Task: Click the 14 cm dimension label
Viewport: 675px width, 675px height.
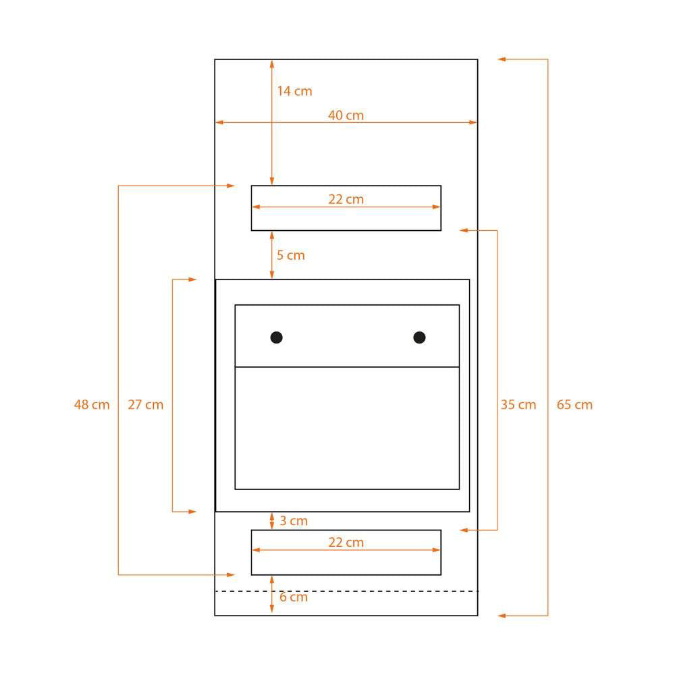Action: (x=294, y=91)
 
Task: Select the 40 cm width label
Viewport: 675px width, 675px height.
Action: (x=346, y=115)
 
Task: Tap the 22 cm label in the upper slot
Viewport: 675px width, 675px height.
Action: (x=346, y=199)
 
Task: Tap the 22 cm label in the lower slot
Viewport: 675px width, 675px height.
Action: (x=346, y=543)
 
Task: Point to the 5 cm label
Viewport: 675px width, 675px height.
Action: (x=290, y=255)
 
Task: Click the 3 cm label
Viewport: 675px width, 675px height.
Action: (x=294, y=521)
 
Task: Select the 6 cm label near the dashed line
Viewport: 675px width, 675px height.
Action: (x=294, y=597)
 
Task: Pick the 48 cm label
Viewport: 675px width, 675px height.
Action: (x=92, y=404)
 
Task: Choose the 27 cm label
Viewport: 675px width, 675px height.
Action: (x=146, y=404)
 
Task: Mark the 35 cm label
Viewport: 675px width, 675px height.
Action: (x=518, y=404)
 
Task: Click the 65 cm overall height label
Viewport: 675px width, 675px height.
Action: (x=574, y=404)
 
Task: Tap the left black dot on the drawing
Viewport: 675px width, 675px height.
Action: (x=276, y=337)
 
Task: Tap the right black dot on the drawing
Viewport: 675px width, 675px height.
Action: (x=419, y=337)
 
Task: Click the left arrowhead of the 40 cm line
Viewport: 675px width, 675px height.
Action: (x=219, y=122)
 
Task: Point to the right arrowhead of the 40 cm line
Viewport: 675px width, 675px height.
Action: (x=473, y=122)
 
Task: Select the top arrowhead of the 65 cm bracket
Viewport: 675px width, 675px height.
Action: (x=502, y=59)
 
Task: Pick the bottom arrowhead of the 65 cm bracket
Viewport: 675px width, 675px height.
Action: (x=502, y=616)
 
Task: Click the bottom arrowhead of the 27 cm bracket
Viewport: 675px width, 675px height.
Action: (x=192, y=512)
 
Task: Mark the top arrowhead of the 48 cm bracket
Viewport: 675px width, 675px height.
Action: (x=231, y=186)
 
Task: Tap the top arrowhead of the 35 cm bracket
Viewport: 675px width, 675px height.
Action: (x=464, y=230)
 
